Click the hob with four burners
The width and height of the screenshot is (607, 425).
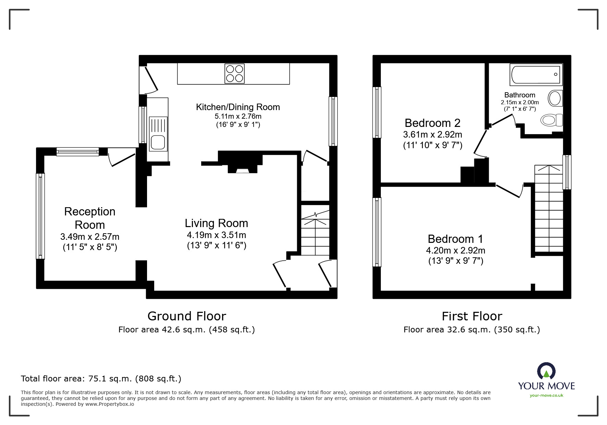coord(234,73)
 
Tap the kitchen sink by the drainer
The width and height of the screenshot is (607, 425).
coord(158,142)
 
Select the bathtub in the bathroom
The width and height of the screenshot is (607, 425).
coord(536,74)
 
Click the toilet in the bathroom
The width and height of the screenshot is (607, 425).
coord(551,120)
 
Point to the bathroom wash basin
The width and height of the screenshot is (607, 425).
coord(555,98)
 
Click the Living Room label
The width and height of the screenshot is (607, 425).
coord(216,223)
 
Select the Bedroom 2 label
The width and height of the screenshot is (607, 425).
coord(432,123)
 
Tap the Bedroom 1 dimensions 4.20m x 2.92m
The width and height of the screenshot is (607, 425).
coord(456,250)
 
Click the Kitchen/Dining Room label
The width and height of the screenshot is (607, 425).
coord(238,107)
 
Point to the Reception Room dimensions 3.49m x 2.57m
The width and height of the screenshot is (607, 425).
coord(90,237)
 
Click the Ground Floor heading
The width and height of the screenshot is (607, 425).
coord(187,316)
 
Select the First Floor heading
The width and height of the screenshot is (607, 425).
coord(472,316)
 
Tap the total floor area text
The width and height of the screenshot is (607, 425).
coord(101,379)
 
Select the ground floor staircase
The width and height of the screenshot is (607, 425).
coord(315,233)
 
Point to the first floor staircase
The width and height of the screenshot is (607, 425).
coord(549,209)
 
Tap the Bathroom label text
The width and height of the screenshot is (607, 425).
coord(520,95)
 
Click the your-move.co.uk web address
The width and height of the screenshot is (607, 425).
coord(546,396)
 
